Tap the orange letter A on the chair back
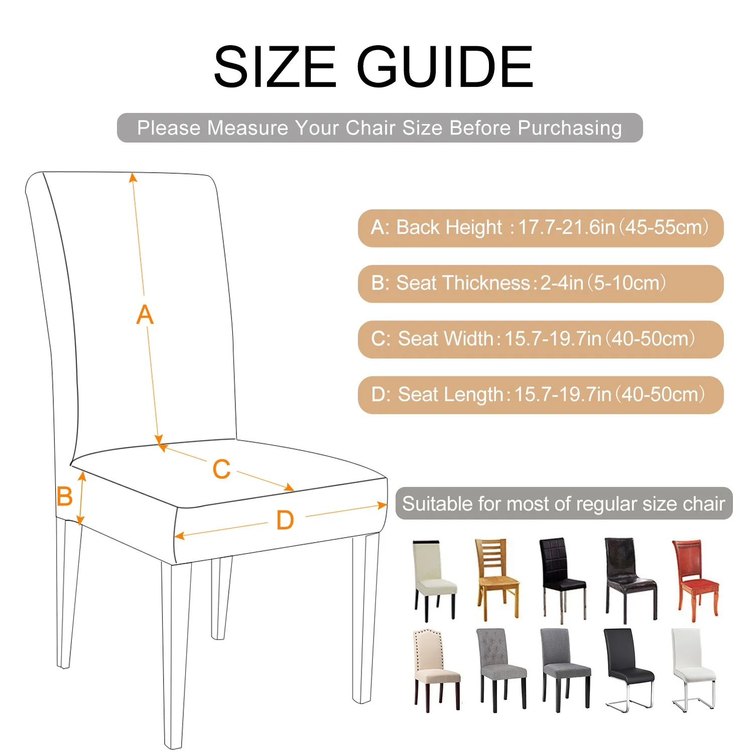[145, 315]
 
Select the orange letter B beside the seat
[65, 496]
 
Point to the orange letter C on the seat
[221, 469]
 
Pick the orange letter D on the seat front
[285, 520]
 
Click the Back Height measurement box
[541, 228]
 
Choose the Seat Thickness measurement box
[541, 284]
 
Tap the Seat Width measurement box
[541, 339]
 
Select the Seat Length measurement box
[541, 395]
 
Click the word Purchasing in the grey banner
[570, 129]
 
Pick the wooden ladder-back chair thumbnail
[497, 579]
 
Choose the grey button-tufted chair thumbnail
[501, 670]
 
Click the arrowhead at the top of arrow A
[133, 177]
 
